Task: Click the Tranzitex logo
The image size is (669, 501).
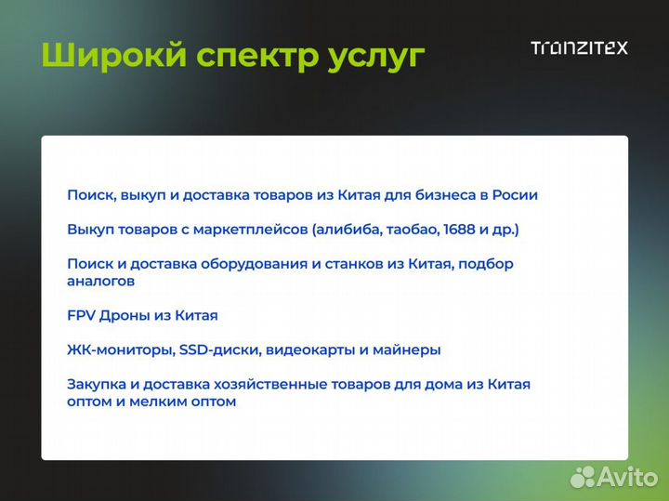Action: [x=579, y=47]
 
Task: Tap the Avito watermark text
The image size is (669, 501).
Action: [x=627, y=476]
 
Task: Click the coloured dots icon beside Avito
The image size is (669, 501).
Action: [x=582, y=477]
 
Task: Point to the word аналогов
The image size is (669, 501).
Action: [x=100, y=281]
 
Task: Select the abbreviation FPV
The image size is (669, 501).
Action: [x=81, y=315]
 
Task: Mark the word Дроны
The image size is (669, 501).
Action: [x=121, y=315]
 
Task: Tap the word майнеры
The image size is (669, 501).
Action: [x=406, y=350]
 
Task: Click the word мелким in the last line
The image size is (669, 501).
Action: [x=156, y=402]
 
